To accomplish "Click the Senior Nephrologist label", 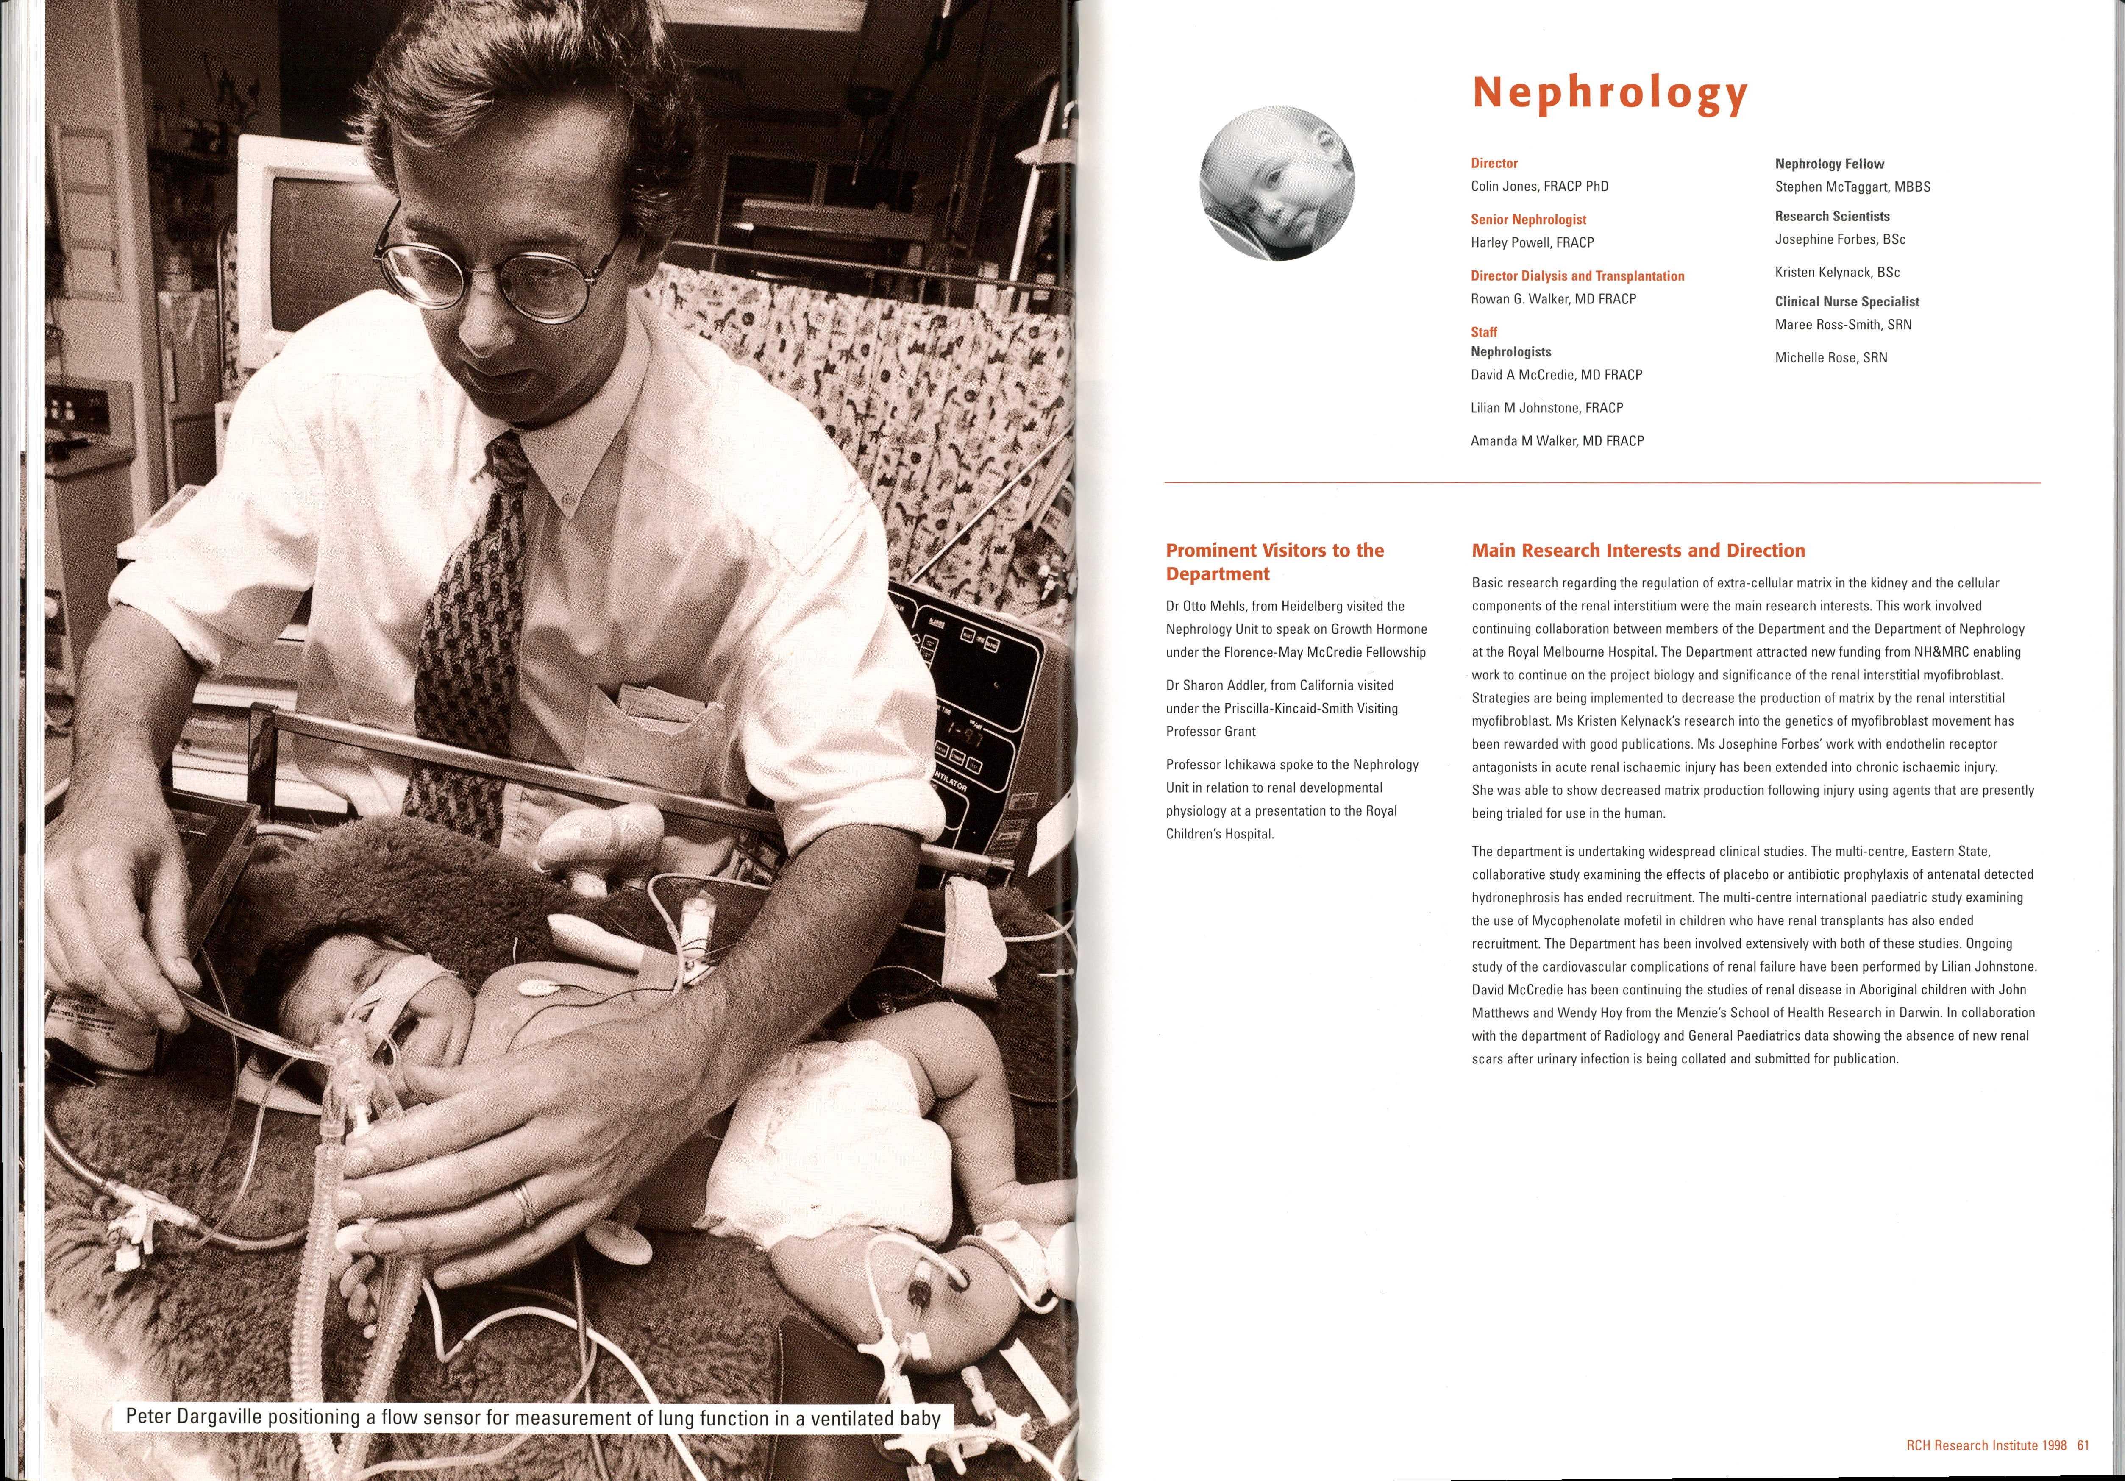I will pos(1528,220).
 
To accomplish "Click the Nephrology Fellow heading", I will pos(1829,164).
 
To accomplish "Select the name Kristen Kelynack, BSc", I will pos(1837,272).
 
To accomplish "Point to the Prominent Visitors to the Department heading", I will pos(1274,562).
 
